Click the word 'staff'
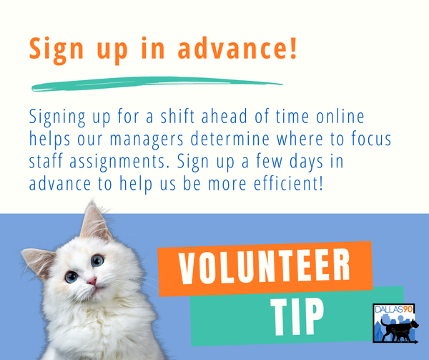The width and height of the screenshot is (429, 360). pos(47,161)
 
